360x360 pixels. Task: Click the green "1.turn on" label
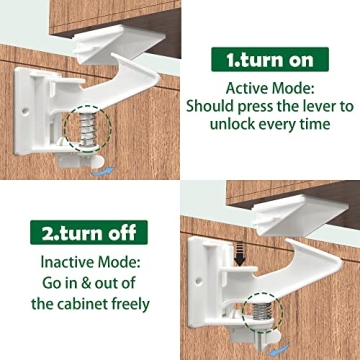(x=269, y=59)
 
